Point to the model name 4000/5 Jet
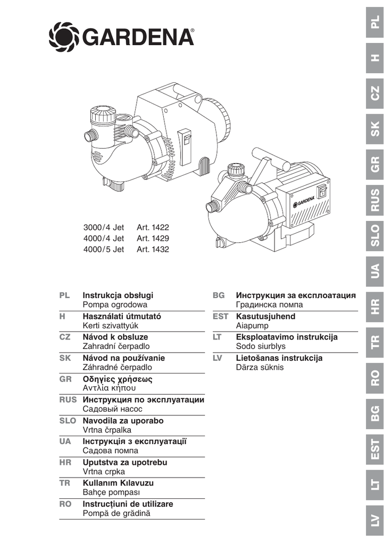103,249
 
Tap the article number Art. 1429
153,239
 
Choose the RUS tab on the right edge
375,200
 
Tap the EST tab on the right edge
375,449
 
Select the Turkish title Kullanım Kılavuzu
118,483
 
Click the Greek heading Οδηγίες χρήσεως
117,379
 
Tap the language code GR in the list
65,379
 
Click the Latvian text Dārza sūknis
260,367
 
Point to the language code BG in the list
218,295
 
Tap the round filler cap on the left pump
103,114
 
